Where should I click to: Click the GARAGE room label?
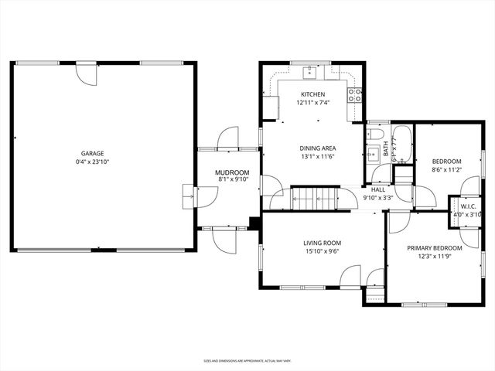pos(92,153)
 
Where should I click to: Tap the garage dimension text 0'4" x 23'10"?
pos(92,162)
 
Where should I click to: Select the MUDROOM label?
pos(234,172)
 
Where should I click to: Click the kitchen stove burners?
pos(356,95)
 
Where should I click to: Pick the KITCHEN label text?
pos(312,94)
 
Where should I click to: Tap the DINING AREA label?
pos(317,148)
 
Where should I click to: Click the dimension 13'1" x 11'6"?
pos(317,157)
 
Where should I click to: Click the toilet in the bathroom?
pos(374,150)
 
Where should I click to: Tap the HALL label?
pos(378,189)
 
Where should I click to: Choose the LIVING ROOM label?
pos(322,243)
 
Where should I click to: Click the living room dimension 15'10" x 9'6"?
pos(322,251)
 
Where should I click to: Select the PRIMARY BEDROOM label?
pos(435,247)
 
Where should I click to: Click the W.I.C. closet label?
pos(468,206)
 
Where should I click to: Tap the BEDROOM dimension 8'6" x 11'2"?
pos(446,170)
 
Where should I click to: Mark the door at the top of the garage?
pos(85,73)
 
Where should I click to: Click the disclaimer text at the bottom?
pos(247,360)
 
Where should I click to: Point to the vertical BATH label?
pos(386,150)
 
